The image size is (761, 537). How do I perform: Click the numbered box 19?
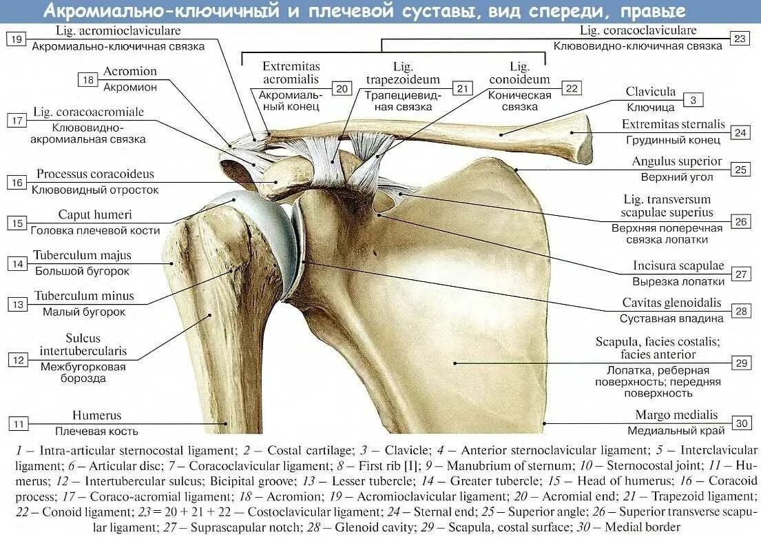click(17, 39)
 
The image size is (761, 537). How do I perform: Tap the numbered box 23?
click(740, 39)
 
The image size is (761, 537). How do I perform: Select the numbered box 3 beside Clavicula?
click(694, 100)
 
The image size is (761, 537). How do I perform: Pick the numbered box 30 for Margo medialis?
click(741, 423)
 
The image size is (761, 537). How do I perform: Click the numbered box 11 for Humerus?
click(18, 423)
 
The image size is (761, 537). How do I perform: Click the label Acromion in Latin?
click(130, 72)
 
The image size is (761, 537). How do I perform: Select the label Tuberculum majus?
click(82, 256)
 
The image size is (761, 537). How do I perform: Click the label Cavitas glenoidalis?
click(671, 303)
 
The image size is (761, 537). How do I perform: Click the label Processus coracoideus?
click(96, 174)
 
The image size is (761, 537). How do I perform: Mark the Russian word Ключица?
click(651, 108)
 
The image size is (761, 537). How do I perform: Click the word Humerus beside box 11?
click(96, 416)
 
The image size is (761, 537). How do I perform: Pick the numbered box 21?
click(463, 88)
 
